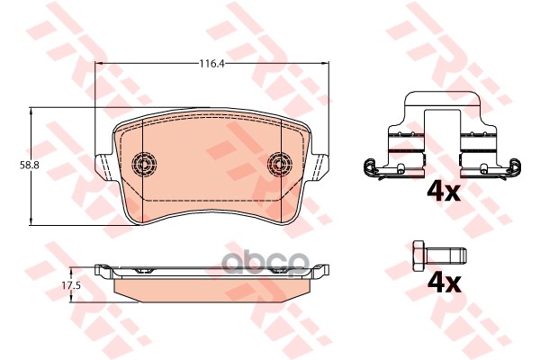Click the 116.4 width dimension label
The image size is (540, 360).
coord(211,63)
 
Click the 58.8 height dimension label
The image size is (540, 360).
coord(30,165)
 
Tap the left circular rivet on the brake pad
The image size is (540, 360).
coord(144,163)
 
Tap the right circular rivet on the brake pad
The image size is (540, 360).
coord(280,163)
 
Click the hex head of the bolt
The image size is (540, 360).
coord(419,256)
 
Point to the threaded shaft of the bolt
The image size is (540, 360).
coord(446,256)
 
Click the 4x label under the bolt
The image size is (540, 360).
coord(444,283)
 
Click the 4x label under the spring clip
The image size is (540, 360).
coord(444,192)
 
